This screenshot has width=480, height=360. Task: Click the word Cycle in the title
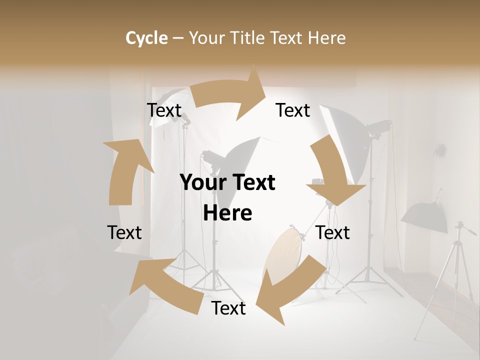pos(146,38)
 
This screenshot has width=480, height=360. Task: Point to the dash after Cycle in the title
pos(178,38)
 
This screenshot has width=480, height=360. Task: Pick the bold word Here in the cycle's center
pos(227,213)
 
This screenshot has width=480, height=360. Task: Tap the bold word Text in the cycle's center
pos(252,183)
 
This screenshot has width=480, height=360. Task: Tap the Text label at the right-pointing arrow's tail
pos(164,110)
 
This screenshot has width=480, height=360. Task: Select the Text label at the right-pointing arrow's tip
pos(293,110)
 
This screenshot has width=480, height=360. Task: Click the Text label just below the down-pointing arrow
pos(333,232)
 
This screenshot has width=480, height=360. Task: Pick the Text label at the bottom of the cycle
pos(228,308)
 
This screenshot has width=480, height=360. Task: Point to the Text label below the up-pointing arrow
pos(124,232)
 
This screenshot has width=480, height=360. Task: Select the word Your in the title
pos(206,38)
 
